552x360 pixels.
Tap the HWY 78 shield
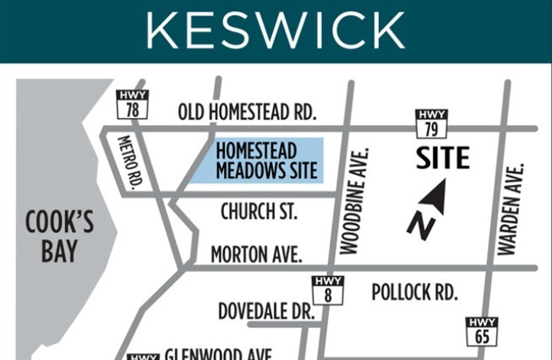tap(133, 104)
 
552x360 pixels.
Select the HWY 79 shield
tap(431, 123)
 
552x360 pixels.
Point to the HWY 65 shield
tap(482, 331)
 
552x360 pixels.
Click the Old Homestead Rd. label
tap(247, 112)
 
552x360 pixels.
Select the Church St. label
tap(259, 211)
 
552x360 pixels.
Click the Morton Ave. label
tap(256, 254)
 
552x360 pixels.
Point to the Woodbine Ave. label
tap(353, 201)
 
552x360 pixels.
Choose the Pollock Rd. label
tap(414, 292)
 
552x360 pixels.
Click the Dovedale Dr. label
tap(265, 311)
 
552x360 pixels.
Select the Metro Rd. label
tap(132, 161)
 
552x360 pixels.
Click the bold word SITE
tap(441, 158)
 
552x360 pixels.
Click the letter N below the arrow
tap(419, 226)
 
